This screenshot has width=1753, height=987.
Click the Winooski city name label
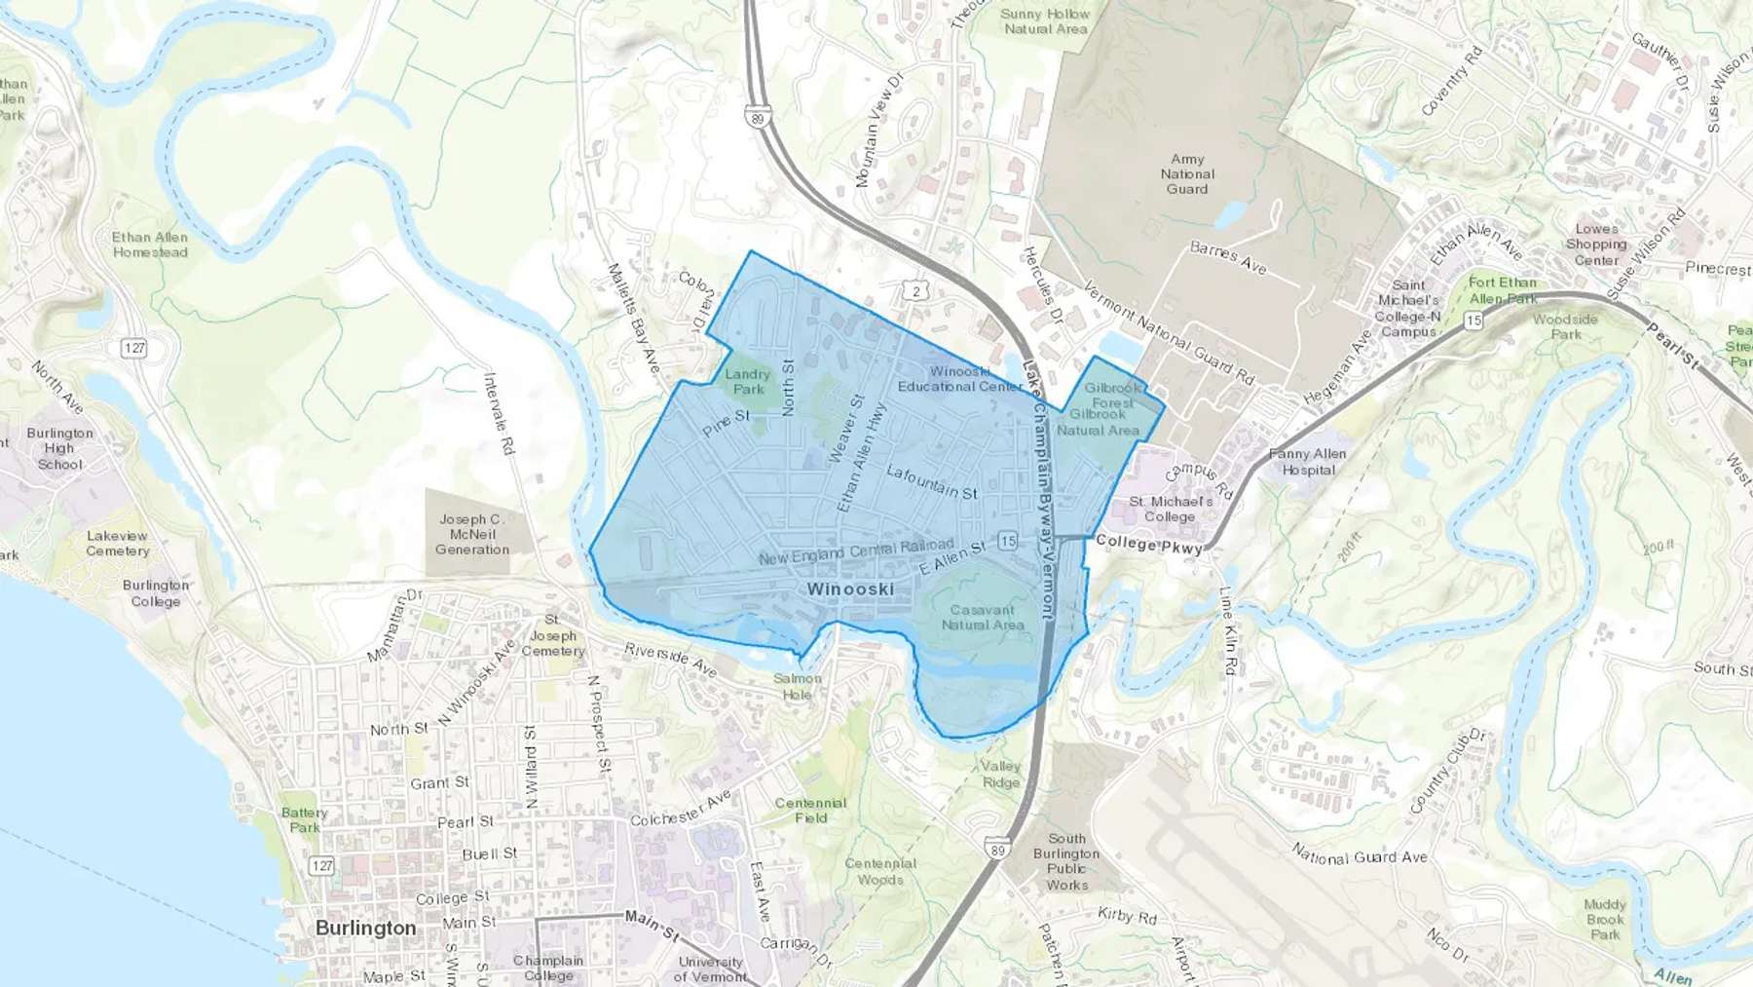850,589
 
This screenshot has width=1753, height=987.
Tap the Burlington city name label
365,928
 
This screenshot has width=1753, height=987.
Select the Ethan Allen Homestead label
150,245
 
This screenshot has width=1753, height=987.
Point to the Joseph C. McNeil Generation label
472,534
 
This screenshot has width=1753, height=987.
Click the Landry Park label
748,381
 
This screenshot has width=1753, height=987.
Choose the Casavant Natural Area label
983,617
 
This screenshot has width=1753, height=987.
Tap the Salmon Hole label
798,686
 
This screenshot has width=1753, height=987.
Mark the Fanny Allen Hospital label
1308,462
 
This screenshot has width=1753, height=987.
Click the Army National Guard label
1187,173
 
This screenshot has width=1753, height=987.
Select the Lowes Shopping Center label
1596,245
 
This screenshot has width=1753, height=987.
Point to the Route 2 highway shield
915,290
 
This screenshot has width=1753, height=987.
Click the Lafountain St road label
932,482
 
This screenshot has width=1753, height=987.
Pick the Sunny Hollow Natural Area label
1045,21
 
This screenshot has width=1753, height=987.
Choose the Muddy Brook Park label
1605,919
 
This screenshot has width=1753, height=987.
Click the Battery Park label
304,819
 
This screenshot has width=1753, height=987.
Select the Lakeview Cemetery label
118,543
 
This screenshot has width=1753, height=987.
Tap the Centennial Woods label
880,871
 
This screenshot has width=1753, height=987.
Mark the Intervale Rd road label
500,414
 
